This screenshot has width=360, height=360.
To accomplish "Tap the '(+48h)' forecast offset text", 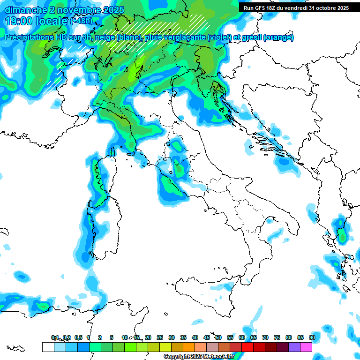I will tap(82, 22).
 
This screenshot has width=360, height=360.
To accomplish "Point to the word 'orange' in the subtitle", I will tap(278, 37).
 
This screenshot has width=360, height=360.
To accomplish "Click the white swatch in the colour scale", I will tap(48, 347).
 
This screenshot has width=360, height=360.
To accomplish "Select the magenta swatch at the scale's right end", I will tap(306, 347).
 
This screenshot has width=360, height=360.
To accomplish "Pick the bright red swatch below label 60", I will tap(247, 347).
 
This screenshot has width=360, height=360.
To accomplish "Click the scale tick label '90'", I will tap(312, 337).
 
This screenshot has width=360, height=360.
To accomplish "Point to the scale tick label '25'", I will tap(160, 337).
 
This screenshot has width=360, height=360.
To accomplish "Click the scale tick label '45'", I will tap(207, 337).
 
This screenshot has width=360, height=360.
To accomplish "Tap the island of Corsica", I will tap(102, 178).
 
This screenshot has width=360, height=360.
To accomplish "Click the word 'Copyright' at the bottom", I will tap(176, 357).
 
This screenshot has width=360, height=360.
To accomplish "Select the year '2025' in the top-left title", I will tap(108, 10).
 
